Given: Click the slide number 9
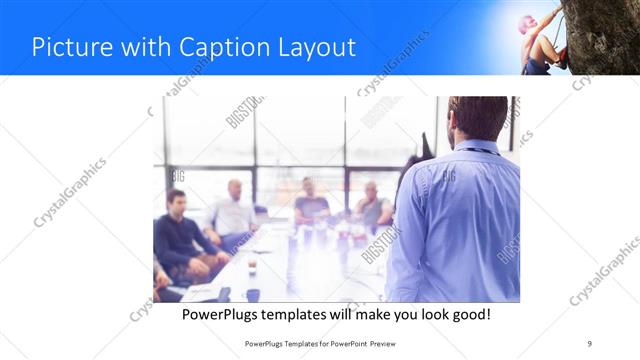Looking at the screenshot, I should pyautogui.click(x=589, y=343).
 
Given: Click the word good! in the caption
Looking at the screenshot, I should pyautogui.click(x=467, y=314).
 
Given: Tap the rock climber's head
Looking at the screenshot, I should pyautogui.click(x=526, y=23).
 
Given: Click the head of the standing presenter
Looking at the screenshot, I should pyautogui.click(x=477, y=118).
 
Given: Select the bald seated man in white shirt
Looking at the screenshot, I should pyautogui.click(x=234, y=210).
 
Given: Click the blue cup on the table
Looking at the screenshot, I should pyautogui.click(x=252, y=294).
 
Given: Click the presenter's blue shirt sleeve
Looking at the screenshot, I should pyautogui.click(x=405, y=240).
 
